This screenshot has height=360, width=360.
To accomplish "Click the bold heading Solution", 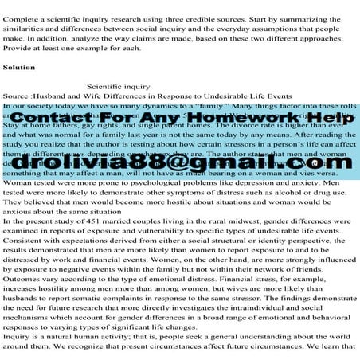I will pos(19,68).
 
